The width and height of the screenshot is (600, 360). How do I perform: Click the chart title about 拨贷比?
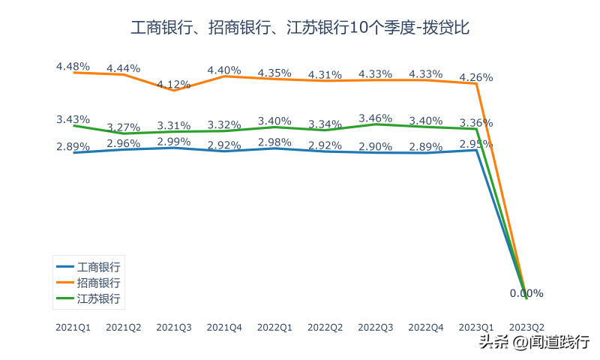tap(300, 28)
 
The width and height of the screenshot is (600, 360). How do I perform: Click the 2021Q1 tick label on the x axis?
tap(73, 327)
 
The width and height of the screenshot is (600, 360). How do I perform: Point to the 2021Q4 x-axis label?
tap(224, 327)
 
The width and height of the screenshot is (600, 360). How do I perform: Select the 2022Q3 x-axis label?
tap(376, 327)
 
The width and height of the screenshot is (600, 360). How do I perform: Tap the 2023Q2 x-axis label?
tap(526, 327)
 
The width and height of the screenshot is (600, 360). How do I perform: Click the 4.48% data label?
tap(73, 66)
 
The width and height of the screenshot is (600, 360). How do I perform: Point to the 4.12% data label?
tap(174, 84)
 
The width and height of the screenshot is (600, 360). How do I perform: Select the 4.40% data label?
tap(224, 70)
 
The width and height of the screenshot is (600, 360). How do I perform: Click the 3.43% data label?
tap(73, 119)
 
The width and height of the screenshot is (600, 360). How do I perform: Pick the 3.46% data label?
tap(376, 118)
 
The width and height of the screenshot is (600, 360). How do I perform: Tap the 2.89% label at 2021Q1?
tap(73, 146)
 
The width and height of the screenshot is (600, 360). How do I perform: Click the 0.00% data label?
tap(526, 293)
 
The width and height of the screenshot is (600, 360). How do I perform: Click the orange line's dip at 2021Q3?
tap(174, 91)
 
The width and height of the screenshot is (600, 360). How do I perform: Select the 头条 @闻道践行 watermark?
tap(534, 343)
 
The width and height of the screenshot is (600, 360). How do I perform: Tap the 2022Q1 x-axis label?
tap(274, 327)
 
